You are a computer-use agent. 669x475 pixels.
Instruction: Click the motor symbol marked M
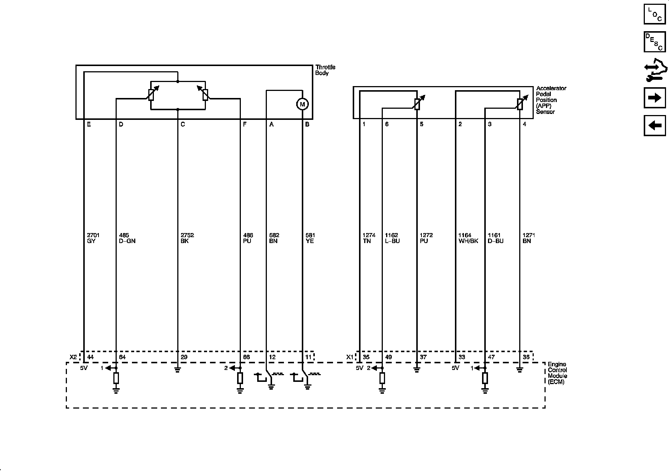[302, 104]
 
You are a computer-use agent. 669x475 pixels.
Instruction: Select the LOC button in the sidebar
[655, 13]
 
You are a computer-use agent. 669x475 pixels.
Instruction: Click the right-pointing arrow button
[655, 98]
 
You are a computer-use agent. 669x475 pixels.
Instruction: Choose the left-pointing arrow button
[655, 125]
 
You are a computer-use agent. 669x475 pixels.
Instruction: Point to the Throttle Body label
[325, 70]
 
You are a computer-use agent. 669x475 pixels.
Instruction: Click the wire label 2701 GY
[93, 238]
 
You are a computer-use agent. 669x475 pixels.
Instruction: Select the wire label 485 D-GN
[127, 238]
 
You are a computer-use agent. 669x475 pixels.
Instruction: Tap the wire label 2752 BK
[187, 238]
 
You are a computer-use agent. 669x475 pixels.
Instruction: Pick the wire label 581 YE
[310, 238]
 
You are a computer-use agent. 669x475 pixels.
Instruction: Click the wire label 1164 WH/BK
[468, 238]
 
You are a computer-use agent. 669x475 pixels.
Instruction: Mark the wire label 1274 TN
[369, 238]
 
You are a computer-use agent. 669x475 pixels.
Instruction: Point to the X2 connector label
[73, 357]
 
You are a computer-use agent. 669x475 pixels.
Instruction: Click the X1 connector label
[350, 357]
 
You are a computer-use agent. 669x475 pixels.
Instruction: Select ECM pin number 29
[184, 357]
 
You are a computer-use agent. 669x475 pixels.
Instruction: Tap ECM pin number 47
[491, 357]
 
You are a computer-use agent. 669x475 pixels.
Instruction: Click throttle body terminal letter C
[182, 124]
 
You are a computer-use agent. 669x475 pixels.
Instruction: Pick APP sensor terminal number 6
[387, 124]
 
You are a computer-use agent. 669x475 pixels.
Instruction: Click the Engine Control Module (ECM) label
[557, 373]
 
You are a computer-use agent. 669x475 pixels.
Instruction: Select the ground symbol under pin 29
[177, 370]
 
